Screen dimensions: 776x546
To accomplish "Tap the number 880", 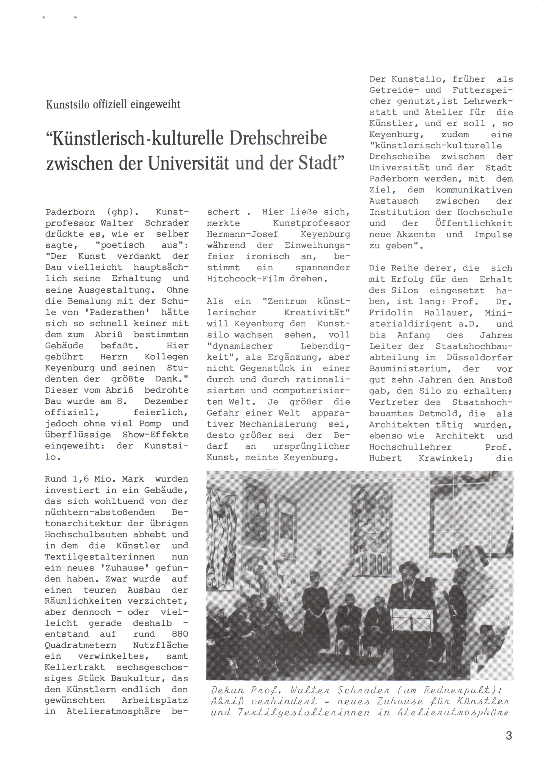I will pyautogui.click(x=177, y=634).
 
